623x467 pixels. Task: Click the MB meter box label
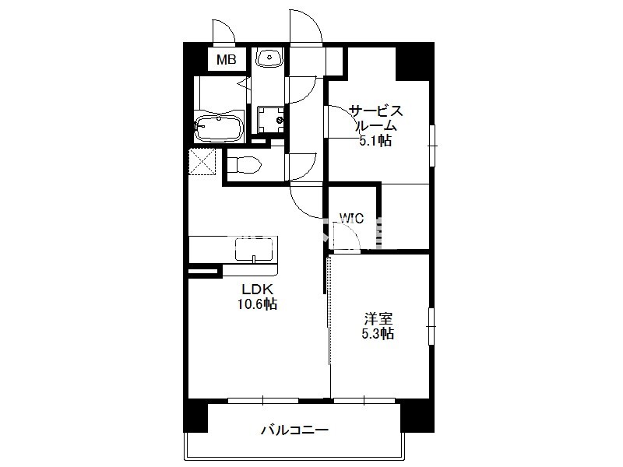pos(226,60)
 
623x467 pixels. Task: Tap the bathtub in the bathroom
pos(218,128)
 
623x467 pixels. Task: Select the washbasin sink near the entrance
pos(269,57)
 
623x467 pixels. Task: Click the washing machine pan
pos(270,120)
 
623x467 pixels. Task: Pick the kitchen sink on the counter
pos(254,249)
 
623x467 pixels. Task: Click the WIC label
pos(352,218)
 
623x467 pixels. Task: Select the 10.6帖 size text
pos(257,304)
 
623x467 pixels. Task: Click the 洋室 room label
pos(378,318)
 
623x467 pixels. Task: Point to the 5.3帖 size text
pos(378,334)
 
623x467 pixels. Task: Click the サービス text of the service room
pos(376,111)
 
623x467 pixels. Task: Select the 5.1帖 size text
pos(375,140)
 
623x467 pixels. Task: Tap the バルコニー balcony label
pos(295,430)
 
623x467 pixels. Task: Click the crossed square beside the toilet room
pos(202,161)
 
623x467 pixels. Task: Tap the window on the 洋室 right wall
pos(431,326)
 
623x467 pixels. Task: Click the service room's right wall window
pos(432,146)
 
